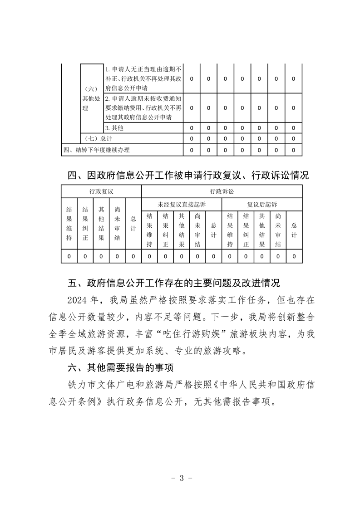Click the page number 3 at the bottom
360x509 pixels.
pyautogui.click(x=181, y=478)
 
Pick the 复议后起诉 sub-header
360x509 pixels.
pyautogui.click(x=261, y=205)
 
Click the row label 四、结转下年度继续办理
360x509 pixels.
pyautogui.click(x=99, y=150)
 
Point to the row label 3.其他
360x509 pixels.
pyautogui.click(x=114, y=128)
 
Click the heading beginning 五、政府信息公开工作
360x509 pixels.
pyautogui.click(x=174, y=284)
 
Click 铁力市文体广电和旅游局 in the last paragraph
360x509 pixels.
pyautogui.click(x=111, y=385)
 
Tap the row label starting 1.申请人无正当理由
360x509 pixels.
pyautogui.click(x=143, y=78)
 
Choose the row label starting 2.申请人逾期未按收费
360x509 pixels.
pyautogui.click(x=143, y=108)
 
